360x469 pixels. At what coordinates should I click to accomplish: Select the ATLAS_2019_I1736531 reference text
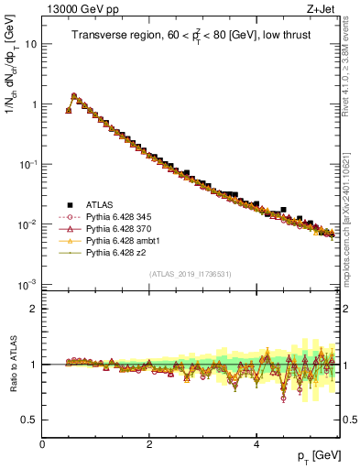pyautogui.click(x=191, y=274)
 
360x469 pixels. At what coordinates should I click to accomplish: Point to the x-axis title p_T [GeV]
pyautogui.click(x=319, y=455)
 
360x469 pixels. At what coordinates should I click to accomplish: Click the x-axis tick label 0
pyautogui.click(x=43, y=443)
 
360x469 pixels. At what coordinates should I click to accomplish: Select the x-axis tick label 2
pyautogui.click(x=149, y=443)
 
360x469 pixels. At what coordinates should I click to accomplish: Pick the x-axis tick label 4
pyautogui.click(x=256, y=443)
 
